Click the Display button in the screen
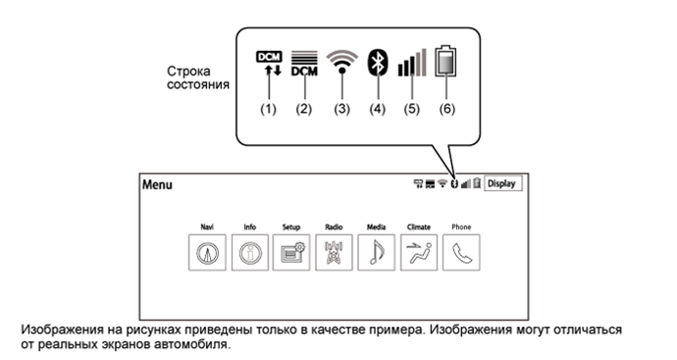(502, 183)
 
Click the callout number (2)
(303, 109)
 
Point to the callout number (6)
(446, 109)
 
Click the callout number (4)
(375, 109)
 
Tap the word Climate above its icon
(419, 227)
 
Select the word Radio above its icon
(334, 227)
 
